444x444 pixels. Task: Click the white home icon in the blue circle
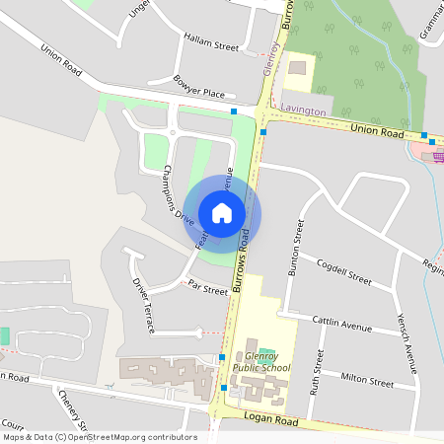(x=222, y=212)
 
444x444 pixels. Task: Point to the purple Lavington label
(x=303, y=111)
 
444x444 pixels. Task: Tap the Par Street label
(x=208, y=289)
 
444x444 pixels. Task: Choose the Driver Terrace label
(x=144, y=305)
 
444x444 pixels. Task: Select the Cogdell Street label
(x=345, y=273)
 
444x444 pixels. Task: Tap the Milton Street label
(x=366, y=378)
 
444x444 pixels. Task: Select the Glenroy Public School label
(x=267, y=363)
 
